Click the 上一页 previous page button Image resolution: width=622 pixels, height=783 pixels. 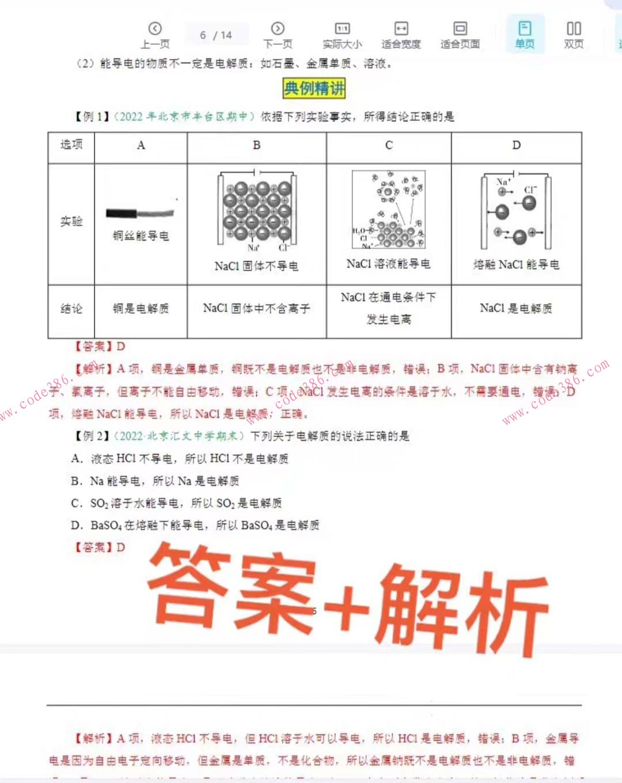click(x=155, y=35)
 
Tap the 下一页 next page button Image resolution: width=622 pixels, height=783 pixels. click(x=278, y=35)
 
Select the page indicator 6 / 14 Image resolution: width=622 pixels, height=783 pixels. click(x=216, y=35)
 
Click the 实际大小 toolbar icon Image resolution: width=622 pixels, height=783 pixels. click(x=342, y=35)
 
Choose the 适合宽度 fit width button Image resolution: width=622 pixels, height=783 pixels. click(x=401, y=35)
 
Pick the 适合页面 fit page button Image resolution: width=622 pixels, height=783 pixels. click(x=460, y=35)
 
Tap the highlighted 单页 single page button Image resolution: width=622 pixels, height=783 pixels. click(x=525, y=35)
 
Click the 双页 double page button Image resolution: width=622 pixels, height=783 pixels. click(x=574, y=35)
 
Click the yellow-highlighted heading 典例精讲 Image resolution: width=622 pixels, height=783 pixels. click(x=314, y=88)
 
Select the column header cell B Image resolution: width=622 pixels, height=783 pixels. click(x=256, y=145)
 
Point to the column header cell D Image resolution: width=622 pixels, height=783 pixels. click(x=516, y=145)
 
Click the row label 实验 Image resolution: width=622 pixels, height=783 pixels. click(x=71, y=222)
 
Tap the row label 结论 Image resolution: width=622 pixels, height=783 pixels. click(x=71, y=309)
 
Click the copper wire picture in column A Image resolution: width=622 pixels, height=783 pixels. click(x=140, y=213)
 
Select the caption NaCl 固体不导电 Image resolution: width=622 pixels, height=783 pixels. click(x=256, y=266)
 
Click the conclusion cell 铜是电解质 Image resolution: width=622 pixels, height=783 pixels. click(x=141, y=309)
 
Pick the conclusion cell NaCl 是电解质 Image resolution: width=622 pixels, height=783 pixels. click(x=516, y=309)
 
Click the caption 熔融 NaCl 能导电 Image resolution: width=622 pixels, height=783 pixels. click(x=516, y=264)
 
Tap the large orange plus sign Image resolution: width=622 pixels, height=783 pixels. click(x=346, y=607)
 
